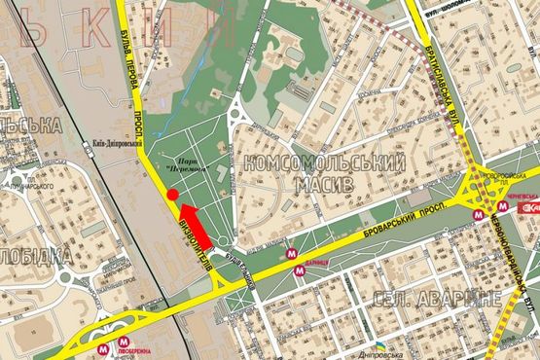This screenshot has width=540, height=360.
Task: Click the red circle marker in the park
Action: point(172,196)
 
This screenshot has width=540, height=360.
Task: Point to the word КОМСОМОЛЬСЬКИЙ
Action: point(322,163)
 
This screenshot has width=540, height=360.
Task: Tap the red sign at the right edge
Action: point(531,208)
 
